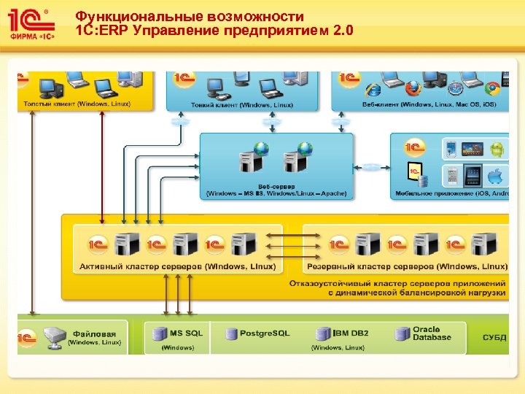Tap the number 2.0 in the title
click(341, 31)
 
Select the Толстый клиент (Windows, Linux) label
click(77, 104)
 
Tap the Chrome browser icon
click(492, 88)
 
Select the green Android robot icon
click(497, 150)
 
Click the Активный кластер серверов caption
click(176, 266)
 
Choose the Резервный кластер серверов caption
click(408, 266)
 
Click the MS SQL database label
click(186, 333)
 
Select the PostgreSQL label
click(265, 333)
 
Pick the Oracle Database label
click(432, 333)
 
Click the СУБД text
click(494, 338)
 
